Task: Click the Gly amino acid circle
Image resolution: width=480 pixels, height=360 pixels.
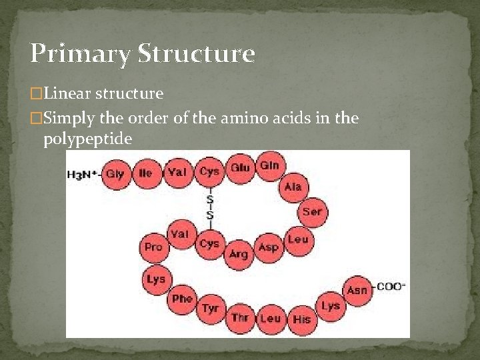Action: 115,173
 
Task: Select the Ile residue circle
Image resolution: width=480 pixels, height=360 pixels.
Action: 145,173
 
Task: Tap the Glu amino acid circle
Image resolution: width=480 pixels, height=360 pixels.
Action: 240,168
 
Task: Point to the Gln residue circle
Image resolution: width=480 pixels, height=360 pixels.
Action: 269,165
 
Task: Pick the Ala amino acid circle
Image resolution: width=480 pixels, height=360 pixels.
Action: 293,187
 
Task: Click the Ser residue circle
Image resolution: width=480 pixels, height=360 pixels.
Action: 312,212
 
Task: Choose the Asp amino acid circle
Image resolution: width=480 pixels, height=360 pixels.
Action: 268,247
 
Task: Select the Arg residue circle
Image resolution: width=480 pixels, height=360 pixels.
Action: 239,254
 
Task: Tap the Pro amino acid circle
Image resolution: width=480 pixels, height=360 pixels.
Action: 153,247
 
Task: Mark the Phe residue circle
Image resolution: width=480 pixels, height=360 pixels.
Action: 181,299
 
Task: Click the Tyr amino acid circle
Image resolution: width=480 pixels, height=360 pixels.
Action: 210,309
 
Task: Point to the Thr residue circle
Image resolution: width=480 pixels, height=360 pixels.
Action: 240,317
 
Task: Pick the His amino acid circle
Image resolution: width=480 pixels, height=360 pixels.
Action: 301,319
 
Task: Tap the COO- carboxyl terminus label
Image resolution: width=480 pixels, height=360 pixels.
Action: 391,287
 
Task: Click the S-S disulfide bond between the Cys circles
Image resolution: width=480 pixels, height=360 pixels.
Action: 210,207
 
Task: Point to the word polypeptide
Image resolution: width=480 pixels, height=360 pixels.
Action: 87,139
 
